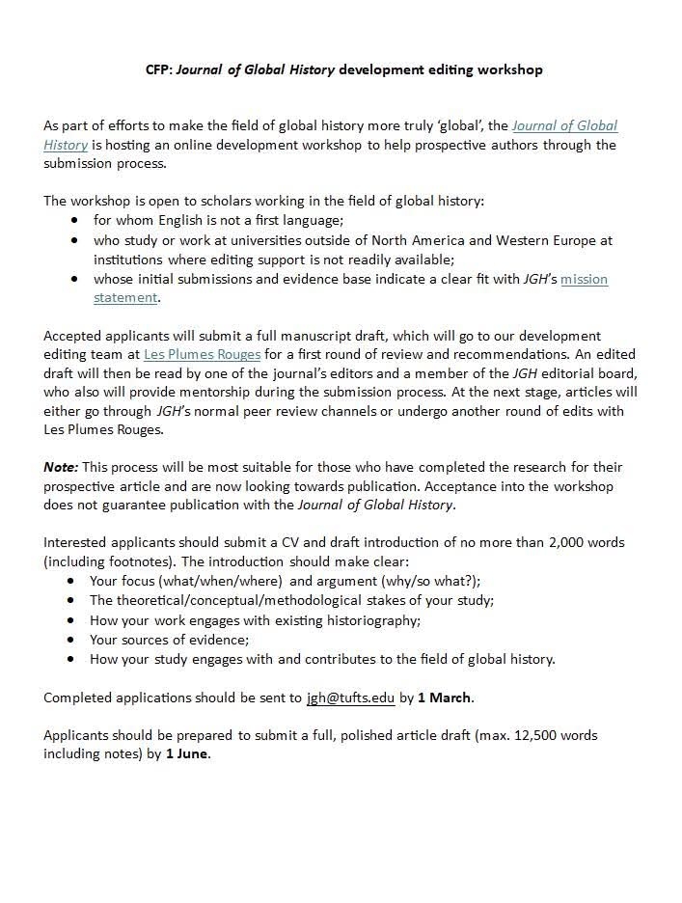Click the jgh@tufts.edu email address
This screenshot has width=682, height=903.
click(351, 697)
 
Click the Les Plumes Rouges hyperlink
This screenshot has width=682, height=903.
click(202, 354)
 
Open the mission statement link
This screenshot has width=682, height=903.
click(584, 279)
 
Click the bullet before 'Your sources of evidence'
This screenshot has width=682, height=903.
click(73, 640)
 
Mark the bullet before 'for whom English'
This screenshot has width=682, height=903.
click(74, 221)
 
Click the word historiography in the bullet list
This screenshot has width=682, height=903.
click(368, 620)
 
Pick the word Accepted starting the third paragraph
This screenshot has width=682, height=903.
click(72, 335)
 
